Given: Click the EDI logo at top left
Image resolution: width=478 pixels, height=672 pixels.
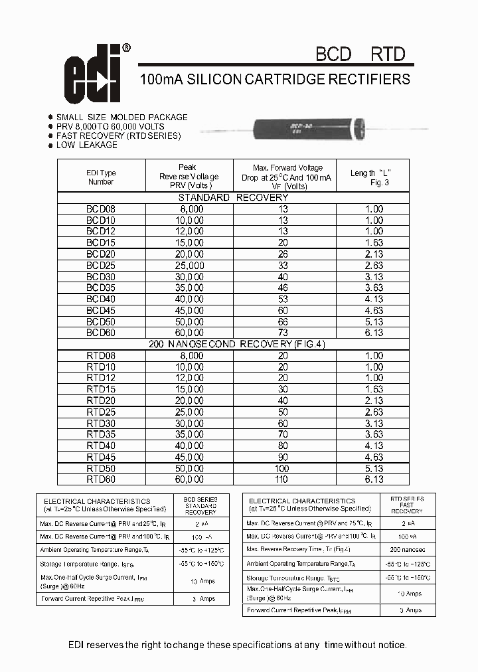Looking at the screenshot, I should click(x=94, y=77).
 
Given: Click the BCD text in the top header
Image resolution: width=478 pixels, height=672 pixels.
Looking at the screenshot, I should click(x=333, y=54).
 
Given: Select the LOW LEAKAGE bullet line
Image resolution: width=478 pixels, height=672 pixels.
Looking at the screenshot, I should click(x=86, y=145).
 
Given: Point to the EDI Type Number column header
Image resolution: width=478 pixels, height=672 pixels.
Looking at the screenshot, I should click(x=101, y=177).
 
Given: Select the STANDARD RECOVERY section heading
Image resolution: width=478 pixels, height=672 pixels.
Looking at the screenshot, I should click(x=233, y=198).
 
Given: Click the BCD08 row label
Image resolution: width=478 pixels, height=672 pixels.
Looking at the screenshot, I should click(x=101, y=209).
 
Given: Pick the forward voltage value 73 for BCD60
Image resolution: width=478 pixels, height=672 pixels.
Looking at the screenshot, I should click(x=283, y=332).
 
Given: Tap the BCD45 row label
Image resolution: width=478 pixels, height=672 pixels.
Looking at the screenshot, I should click(x=101, y=310).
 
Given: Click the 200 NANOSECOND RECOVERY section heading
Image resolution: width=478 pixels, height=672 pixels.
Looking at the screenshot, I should click(x=233, y=344).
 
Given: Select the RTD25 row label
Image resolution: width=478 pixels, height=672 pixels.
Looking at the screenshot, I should click(x=101, y=412).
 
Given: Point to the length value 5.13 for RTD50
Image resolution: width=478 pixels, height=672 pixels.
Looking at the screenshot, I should click(x=374, y=468).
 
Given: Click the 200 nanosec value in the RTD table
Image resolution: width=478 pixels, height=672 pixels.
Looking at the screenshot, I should click(x=406, y=550).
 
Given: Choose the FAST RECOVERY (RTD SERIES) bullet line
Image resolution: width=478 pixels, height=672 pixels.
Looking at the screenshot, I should click(x=118, y=135).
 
